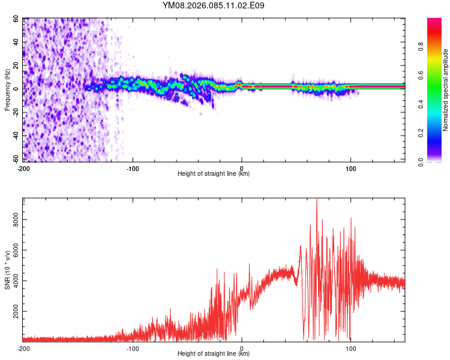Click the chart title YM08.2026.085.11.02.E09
tap(214, 5)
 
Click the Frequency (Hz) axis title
tap(7, 89)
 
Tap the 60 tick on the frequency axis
tap(16, 19)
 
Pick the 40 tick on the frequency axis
tap(16, 42)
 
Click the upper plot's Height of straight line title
tap(214, 174)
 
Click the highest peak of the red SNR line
tap(317, 200)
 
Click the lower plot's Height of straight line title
tap(214, 354)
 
